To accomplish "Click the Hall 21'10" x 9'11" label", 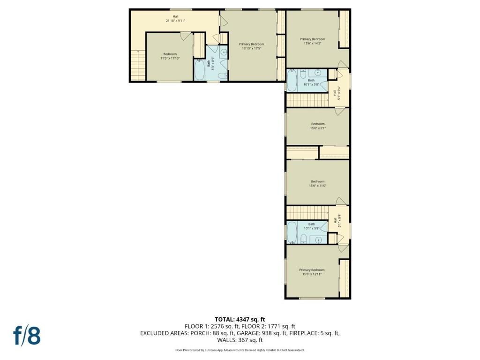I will pyautogui.click(x=175, y=19).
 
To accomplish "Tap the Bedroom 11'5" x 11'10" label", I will pyautogui.click(x=170, y=56).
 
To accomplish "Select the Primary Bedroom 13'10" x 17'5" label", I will pyautogui.click(x=251, y=46).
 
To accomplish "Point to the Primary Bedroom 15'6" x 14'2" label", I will pyautogui.click(x=312, y=41).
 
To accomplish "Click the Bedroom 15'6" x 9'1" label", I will pyautogui.click(x=317, y=126).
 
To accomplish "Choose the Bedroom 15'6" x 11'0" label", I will pyautogui.click(x=317, y=183).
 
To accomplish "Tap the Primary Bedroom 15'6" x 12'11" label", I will pyautogui.click(x=312, y=272).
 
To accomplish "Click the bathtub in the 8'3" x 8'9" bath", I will pyautogui.click(x=200, y=70).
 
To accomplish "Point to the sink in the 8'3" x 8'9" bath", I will pyautogui.click(x=223, y=52).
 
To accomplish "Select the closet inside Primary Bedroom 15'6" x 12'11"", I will pyautogui.click(x=345, y=278).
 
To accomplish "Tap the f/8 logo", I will pyautogui.click(x=27, y=335).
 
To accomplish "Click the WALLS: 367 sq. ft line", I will pyautogui.click(x=240, y=340).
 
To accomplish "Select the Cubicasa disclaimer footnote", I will pyautogui.click(x=240, y=350).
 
